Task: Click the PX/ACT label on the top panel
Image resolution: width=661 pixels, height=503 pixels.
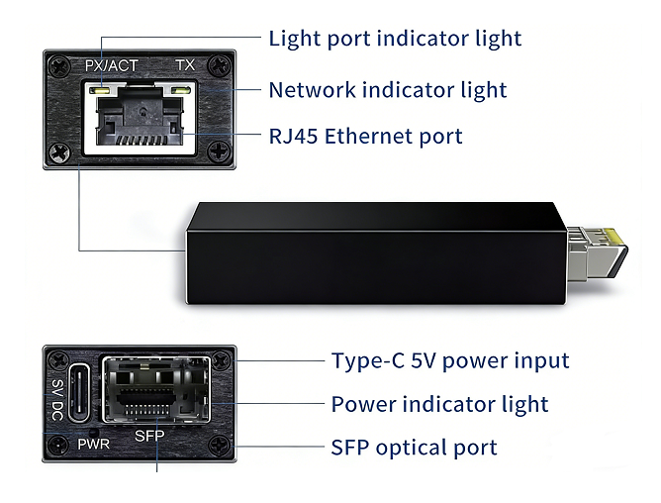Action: pyautogui.click(x=111, y=66)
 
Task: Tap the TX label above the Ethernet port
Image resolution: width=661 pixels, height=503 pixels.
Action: pyautogui.click(x=185, y=66)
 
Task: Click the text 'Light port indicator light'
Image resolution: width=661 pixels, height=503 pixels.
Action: pyautogui.click(x=395, y=39)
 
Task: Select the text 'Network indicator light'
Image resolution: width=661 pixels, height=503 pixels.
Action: pyautogui.click(x=388, y=90)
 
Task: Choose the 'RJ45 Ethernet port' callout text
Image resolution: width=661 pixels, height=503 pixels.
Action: pyautogui.click(x=365, y=136)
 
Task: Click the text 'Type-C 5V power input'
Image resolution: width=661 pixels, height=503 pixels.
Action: pyautogui.click(x=450, y=360)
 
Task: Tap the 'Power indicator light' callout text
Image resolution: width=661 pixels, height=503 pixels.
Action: pyautogui.click(x=439, y=404)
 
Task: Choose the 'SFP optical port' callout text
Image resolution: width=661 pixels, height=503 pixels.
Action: pyautogui.click(x=414, y=448)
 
